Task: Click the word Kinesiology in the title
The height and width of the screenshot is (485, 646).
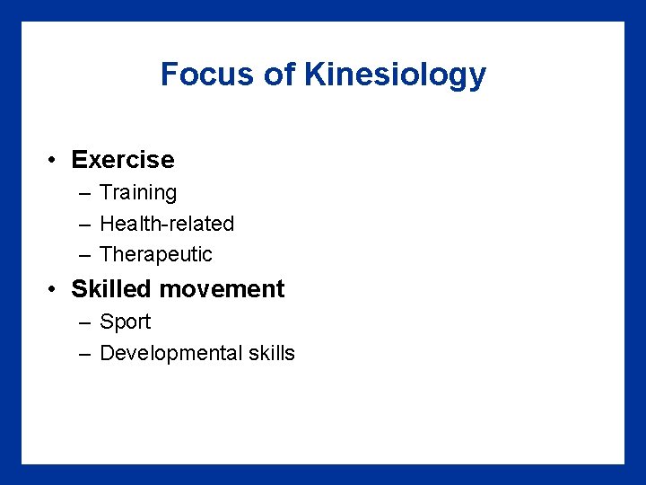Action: click(x=395, y=75)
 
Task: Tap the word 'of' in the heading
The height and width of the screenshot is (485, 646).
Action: click(x=280, y=75)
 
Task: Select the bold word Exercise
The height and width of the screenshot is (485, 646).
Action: click(x=123, y=160)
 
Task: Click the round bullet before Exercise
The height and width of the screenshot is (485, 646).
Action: click(x=55, y=161)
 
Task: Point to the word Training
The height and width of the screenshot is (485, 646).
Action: click(x=138, y=193)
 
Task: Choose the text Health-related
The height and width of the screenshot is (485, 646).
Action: click(x=167, y=224)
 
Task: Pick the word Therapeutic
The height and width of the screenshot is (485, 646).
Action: click(x=156, y=255)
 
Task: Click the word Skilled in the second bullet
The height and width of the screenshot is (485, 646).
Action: click(x=110, y=289)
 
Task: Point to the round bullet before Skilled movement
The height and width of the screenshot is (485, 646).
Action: click(x=55, y=290)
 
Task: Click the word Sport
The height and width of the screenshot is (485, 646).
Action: click(x=125, y=322)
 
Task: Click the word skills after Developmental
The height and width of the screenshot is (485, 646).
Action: click(x=271, y=353)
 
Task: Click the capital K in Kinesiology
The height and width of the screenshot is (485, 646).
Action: click(x=314, y=75)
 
